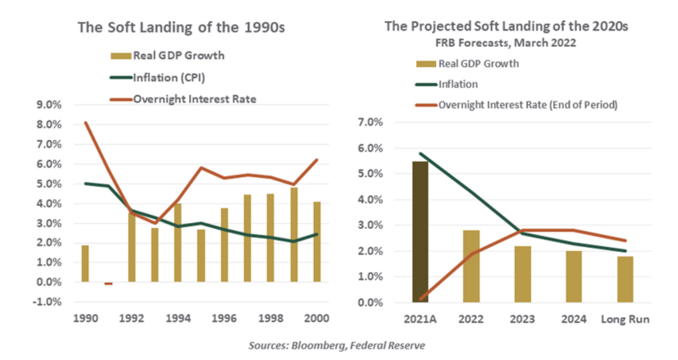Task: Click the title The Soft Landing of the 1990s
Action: coord(181,27)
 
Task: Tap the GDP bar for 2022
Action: coord(471,266)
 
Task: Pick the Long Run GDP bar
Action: coord(625,279)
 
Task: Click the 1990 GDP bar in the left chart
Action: coord(85,263)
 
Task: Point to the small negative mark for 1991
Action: coord(108,284)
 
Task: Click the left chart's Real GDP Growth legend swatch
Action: coord(121,56)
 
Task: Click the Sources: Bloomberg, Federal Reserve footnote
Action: coord(337,346)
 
